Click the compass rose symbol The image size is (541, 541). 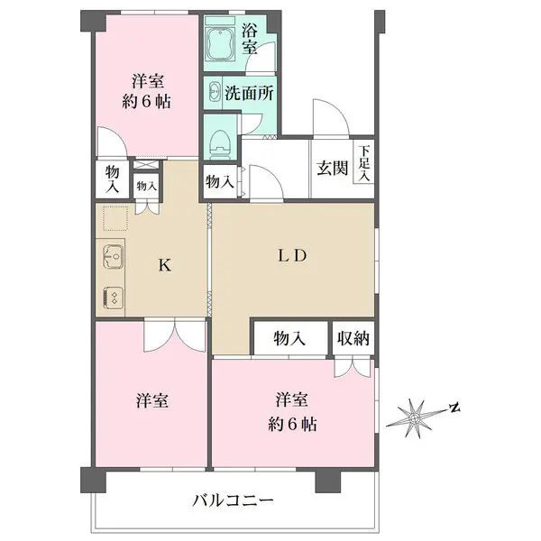416,418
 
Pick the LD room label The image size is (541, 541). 293,256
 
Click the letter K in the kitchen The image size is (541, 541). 164,265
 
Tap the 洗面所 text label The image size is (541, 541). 251,92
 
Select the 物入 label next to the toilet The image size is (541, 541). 219,181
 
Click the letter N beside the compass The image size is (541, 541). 455,408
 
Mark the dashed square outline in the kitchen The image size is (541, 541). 114,219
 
